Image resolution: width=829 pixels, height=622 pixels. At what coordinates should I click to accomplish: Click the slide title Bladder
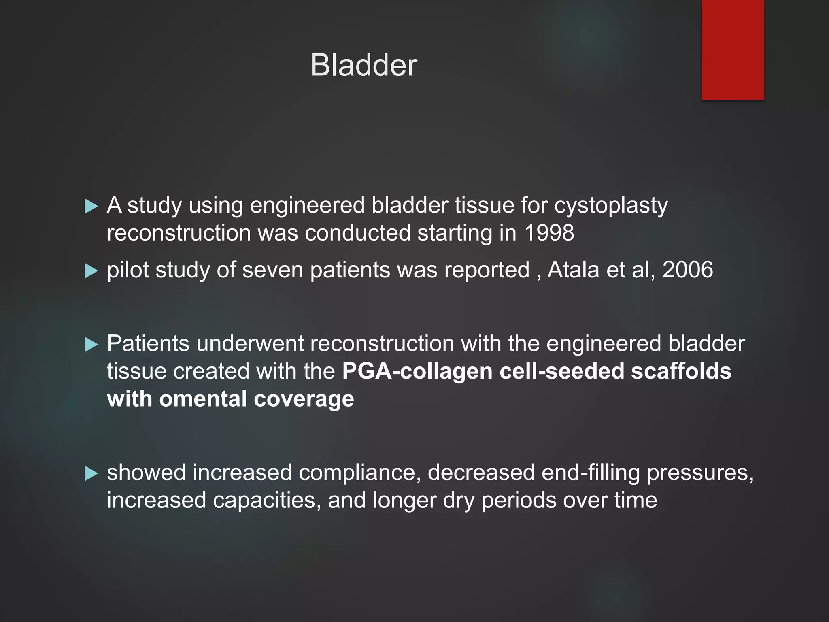[363, 65]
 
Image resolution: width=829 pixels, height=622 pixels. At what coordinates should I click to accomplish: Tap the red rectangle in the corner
[733, 49]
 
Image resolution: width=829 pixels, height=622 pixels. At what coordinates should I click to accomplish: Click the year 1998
[549, 233]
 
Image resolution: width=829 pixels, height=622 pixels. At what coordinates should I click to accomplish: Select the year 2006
[687, 270]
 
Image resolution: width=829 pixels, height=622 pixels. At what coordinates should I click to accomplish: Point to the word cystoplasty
[610, 206]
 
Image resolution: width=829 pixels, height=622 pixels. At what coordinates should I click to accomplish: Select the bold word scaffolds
[681, 371]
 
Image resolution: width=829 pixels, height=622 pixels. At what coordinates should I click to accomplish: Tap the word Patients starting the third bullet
[148, 344]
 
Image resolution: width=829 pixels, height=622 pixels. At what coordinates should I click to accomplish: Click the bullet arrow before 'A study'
[91, 206]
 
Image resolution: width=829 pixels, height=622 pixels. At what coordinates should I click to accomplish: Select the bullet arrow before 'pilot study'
[91, 271]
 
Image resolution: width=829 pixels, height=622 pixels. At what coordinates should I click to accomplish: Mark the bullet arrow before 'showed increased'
[91, 473]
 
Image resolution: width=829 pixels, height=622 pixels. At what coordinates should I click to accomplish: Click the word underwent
[250, 344]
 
